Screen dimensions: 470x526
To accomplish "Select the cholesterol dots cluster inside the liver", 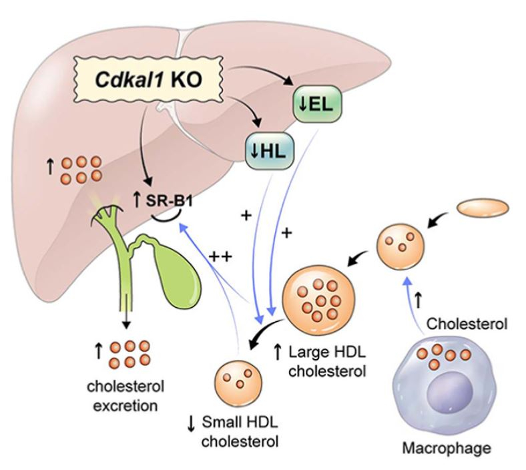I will (83, 170).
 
